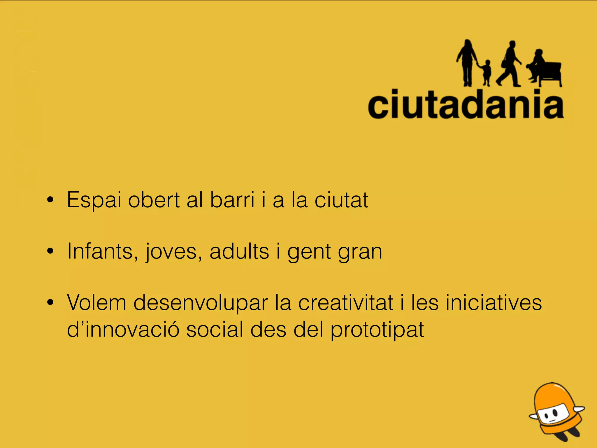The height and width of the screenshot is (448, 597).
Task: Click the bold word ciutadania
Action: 466,104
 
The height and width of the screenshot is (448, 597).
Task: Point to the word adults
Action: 239,251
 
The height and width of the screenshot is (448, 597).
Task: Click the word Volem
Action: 96,302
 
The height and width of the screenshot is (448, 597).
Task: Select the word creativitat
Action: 346,302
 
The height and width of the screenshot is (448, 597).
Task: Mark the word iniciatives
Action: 494,302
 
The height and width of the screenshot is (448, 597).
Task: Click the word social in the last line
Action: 215,330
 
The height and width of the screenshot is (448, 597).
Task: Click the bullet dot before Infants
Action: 50,251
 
